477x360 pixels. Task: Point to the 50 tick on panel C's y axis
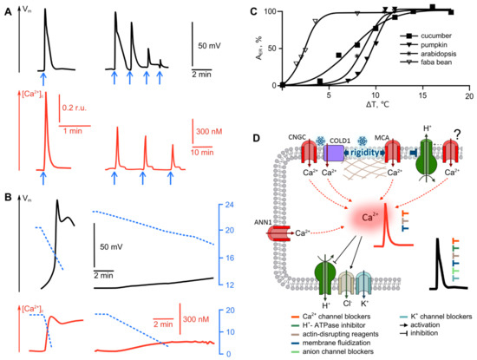tap(276, 49)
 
